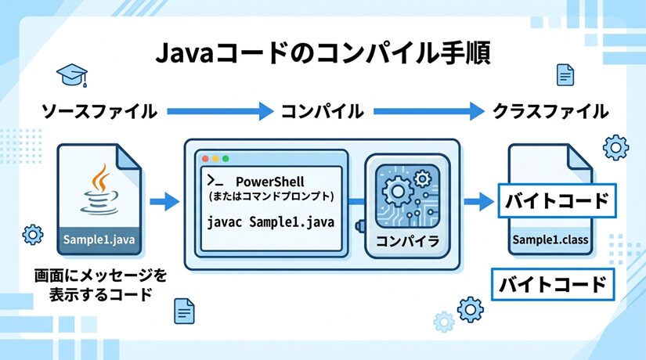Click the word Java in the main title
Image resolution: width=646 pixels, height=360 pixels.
tap(182, 55)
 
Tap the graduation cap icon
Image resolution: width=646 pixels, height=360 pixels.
tap(71, 75)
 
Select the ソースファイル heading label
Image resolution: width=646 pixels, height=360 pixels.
tap(99, 111)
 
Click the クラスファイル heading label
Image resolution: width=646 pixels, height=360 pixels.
tap(550, 111)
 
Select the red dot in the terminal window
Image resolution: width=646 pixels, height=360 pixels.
tap(205, 157)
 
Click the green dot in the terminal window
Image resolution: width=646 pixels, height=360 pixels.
tap(226, 157)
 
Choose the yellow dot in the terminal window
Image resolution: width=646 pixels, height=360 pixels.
tap(215, 157)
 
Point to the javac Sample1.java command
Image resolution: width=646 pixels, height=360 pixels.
tap(270, 222)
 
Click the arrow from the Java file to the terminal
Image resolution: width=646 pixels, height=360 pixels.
tap(164, 203)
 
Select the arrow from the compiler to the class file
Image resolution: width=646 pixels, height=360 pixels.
tap(475, 203)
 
